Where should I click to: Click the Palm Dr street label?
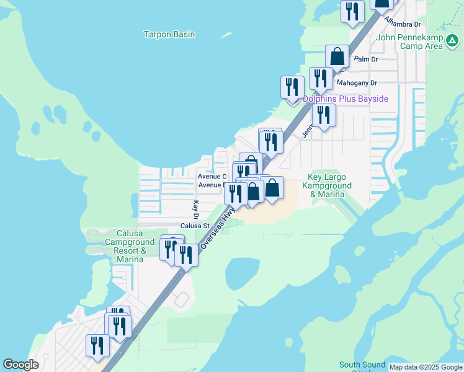tap(365, 60)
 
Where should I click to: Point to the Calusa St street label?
tap(195, 226)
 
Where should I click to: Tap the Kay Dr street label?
tap(195, 209)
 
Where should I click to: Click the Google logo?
tap(21, 365)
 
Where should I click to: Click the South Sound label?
tap(362, 365)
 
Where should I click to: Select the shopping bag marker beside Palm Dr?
tap(337, 56)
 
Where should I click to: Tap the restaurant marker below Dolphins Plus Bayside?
tap(323, 115)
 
